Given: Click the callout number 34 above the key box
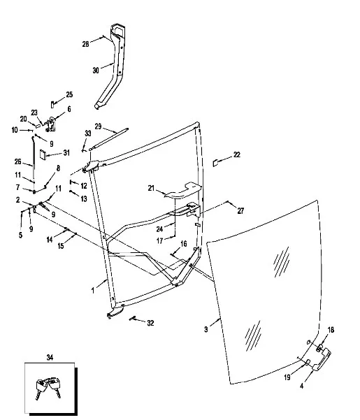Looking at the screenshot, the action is click(x=50, y=357).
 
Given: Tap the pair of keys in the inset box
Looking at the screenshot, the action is click(x=48, y=388).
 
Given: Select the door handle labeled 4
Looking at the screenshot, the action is click(x=322, y=359).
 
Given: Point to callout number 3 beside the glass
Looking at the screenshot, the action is click(x=206, y=329).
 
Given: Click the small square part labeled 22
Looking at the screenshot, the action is click(x=215, y=163).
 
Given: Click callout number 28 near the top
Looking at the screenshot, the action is click(x=85, y=44).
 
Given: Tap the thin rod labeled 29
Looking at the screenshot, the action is click(x=108, y=138).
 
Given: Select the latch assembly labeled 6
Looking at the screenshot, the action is click(x=51, y=124).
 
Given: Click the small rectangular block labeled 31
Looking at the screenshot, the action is click(x=43, y=154).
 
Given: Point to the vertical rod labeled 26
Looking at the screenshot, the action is click(x=34, y=159).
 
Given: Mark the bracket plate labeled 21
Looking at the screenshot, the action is click(x=183, y=191).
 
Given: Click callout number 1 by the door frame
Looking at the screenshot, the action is click(x=93, y=290).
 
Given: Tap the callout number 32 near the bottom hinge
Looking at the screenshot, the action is click(x=151, y=323).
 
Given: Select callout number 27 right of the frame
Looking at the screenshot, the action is click(x=240, y=211).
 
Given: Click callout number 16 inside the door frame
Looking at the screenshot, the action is click(x=184, y=244).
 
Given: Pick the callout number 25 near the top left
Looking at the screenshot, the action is click(x=69, y=94).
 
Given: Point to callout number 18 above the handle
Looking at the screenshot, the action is click(x=331, y=330).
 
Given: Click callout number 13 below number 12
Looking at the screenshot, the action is click(x=84, y=198).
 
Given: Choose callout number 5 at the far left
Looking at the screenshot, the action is click(x=21, y=236).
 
